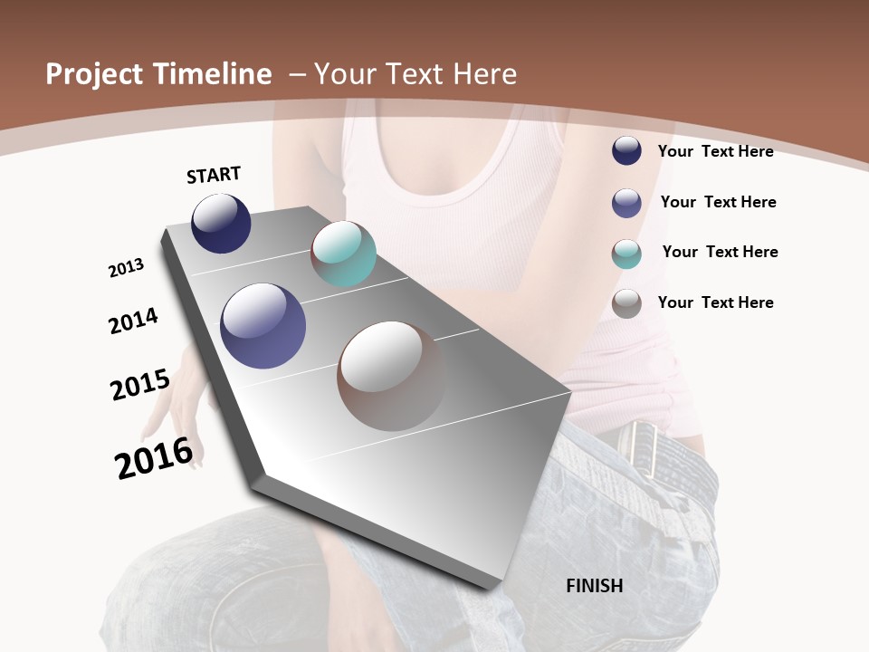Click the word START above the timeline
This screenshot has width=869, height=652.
(x=214, y=175)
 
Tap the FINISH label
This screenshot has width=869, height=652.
(x=594, y=586)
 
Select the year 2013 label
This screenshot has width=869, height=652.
(x=126, y=268)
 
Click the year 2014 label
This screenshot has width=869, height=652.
(x=133, y=321)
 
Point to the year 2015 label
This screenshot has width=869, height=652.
(x=139, y=384)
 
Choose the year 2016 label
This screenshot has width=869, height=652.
(x=154, y=458)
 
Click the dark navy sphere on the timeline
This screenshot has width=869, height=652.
(x=221, y=224)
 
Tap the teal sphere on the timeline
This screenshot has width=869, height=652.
(x=343, y=254)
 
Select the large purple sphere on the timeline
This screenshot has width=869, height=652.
(x=263, y=326)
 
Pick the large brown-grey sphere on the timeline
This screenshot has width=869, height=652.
(x=391, y=376)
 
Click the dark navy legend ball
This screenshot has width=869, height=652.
(x=626, y=151)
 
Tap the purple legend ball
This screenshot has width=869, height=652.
(x=626, y=203)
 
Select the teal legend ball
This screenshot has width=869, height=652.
(x=626, y=254)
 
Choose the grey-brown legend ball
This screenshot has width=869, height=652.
(x=626, y=303)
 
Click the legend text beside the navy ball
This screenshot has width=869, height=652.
(x=715, y=151)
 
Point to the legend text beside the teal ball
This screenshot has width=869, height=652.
(x=720, y=252)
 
